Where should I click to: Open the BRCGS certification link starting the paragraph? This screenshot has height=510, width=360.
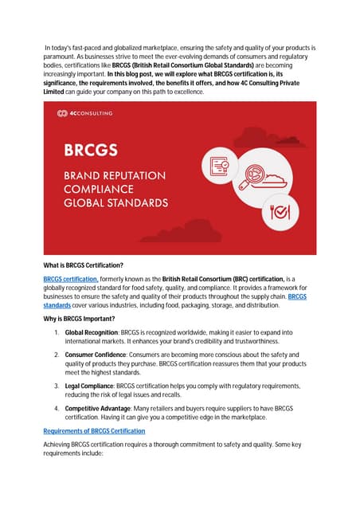(x=71, y=278)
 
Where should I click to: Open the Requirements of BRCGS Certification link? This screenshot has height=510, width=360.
(x=94, y=431)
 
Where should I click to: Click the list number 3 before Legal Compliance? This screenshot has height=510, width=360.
(x=57, y=386)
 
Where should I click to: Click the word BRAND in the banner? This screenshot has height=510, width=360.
(x=77, y=175)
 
